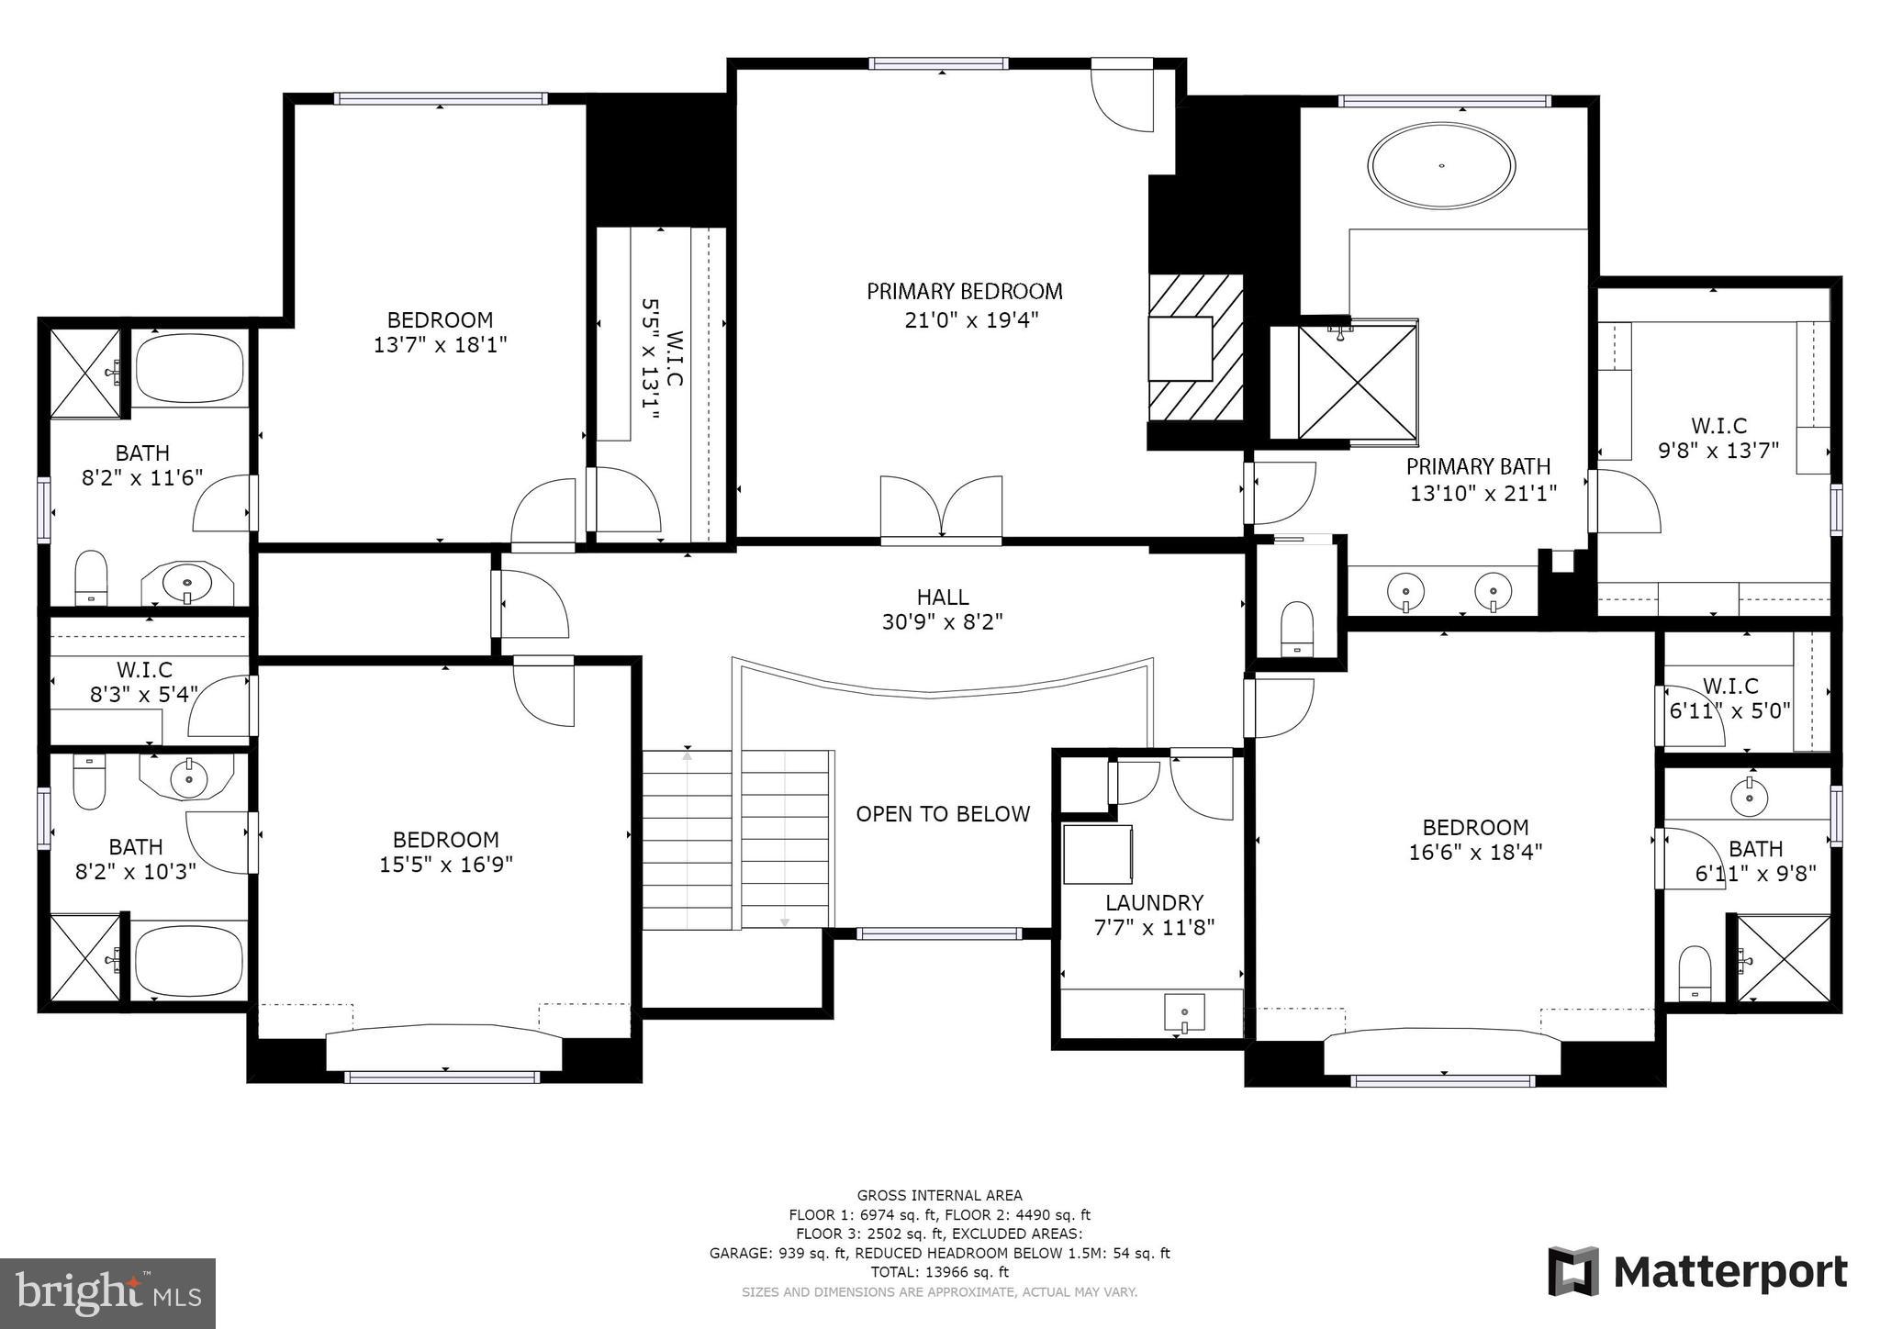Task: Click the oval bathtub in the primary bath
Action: click(1441, 166)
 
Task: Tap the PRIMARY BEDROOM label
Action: click(964, 292)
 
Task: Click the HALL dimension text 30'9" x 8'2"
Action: click(942, 622)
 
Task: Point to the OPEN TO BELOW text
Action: click(943, 814)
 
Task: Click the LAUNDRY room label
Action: click(1154, 902)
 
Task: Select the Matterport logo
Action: click(1697, 1272)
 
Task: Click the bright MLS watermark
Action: click(108, 1293)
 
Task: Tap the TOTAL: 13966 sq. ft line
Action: click(939, 1272)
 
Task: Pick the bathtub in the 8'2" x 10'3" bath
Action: click(189, 960)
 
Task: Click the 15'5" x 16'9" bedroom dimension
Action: click(445, 865)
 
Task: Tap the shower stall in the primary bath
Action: click(1357, 381)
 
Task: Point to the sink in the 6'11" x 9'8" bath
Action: click(1749, 796)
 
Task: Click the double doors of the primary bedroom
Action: click(941, 508)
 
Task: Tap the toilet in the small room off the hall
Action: click(1297, 627)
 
